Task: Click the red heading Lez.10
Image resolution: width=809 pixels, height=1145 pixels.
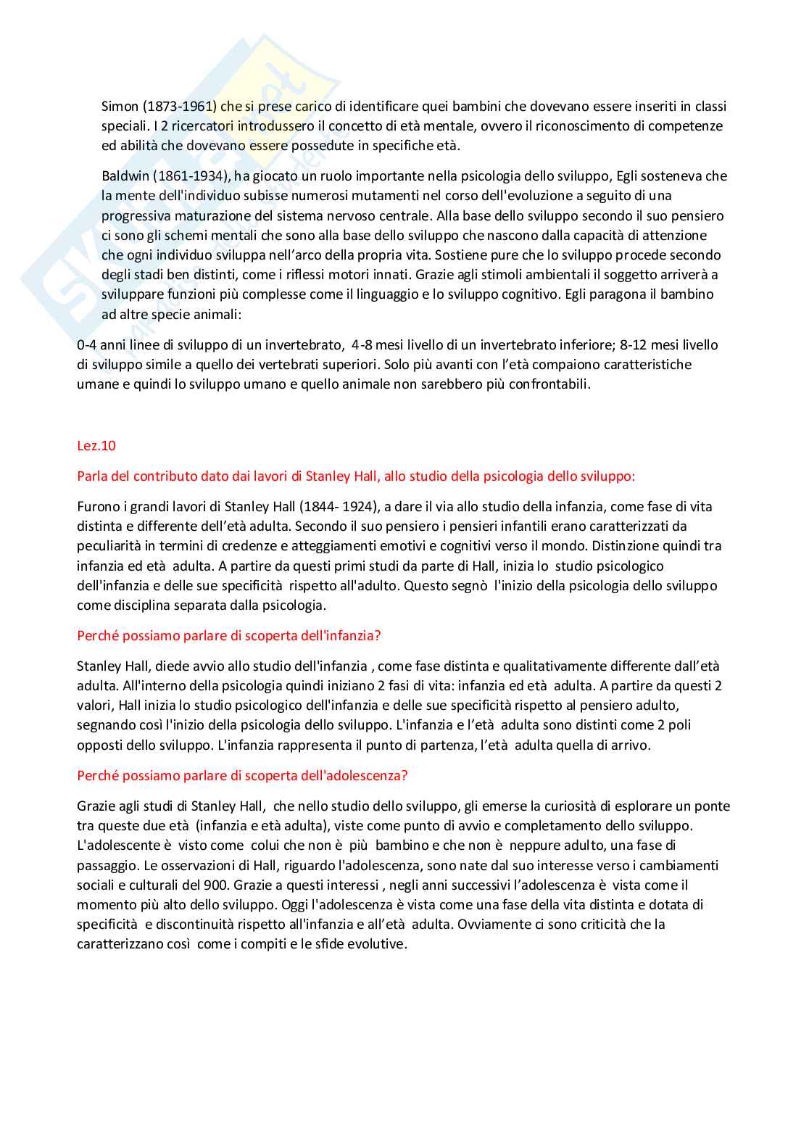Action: tap(96, 446)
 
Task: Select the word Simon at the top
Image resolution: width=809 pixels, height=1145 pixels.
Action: tap(120, 107)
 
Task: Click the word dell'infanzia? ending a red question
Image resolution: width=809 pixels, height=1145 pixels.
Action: tap(338, 636)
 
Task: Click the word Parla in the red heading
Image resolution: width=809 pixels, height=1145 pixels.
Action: tap(92, 476)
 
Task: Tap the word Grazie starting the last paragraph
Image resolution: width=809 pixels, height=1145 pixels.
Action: tap(95, 806)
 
